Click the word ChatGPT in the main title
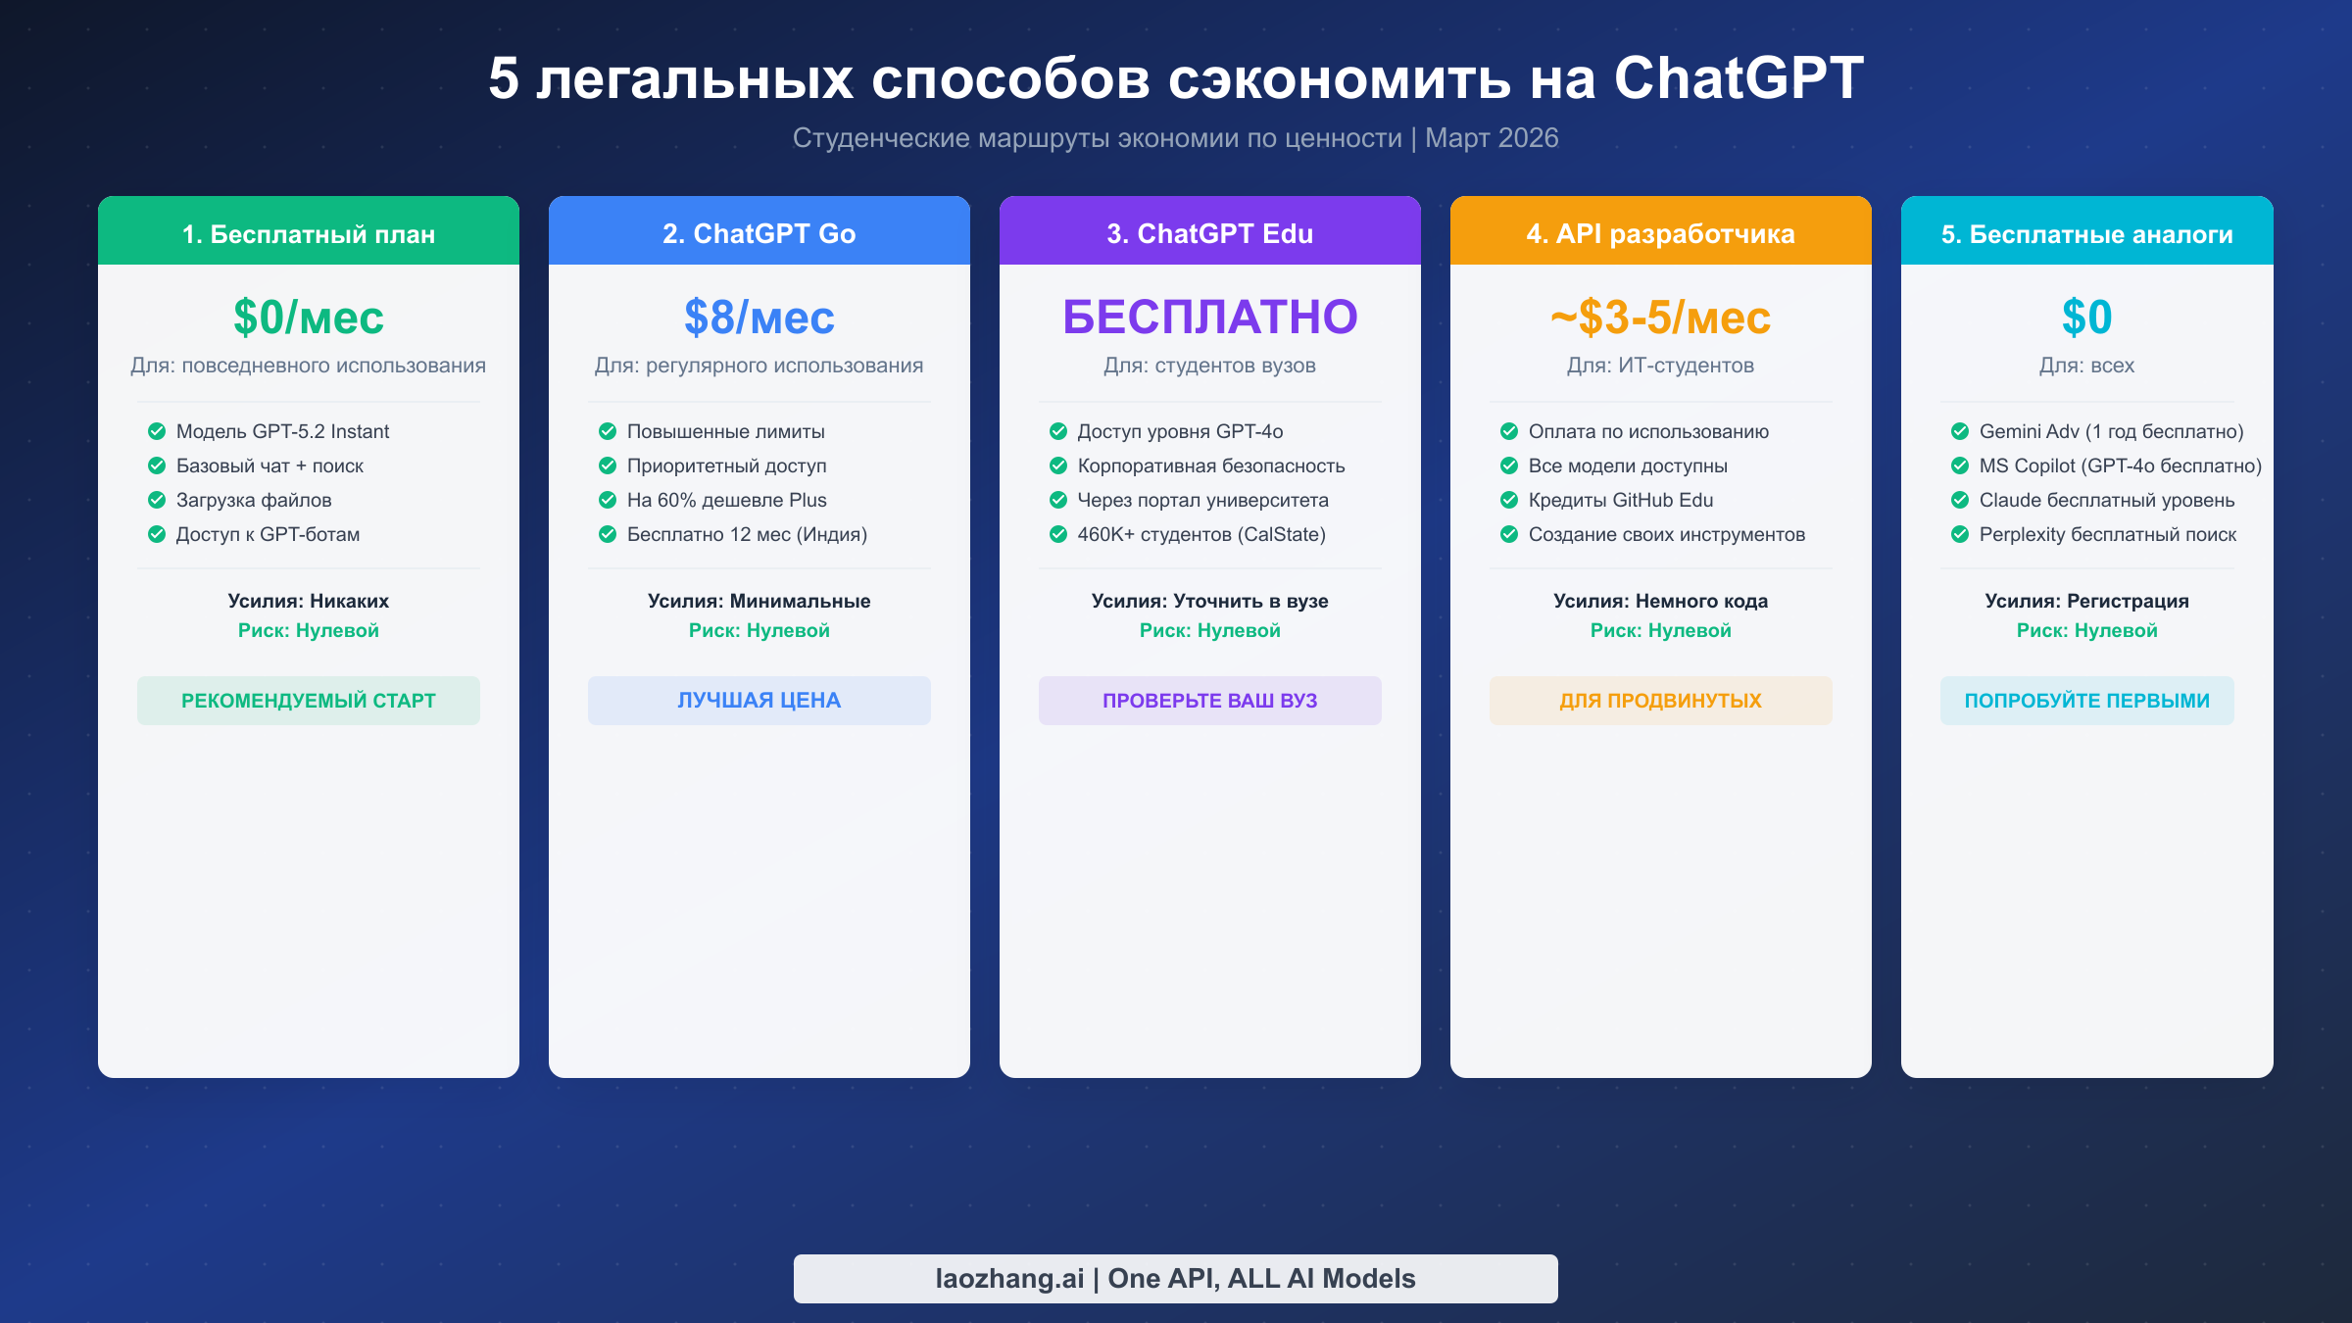[x=1738, y=78]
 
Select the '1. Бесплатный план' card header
[x=309, y=233]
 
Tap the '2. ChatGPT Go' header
[x=759, y=233]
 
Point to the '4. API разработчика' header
[x=1660, y=233]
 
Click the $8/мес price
[x=759, y=318]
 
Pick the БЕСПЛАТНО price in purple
[x=1209, y=318]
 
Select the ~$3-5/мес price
[x=1660, y=318]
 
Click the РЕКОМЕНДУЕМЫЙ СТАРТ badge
[x=309, y=701]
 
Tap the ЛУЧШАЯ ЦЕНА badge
[x=759, y=701]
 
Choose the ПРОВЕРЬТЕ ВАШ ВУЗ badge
[x=1209, y=701]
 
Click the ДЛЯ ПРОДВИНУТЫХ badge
[x=1660, y=701]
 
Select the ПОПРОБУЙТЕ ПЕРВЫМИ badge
[x=2086, y=701]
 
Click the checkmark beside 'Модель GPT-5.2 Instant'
[x=157, y=431]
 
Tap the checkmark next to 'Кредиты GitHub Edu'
[x=1509, y=500]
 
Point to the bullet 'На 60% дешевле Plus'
[x=726, y=500]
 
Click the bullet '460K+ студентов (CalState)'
[x=1200, y=534]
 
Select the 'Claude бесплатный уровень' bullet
[x=2106, y=500]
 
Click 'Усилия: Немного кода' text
[x=1660, y=601]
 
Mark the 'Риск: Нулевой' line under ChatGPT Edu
[x=1209, y=630]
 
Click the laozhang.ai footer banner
[x=1175, y=1278]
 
